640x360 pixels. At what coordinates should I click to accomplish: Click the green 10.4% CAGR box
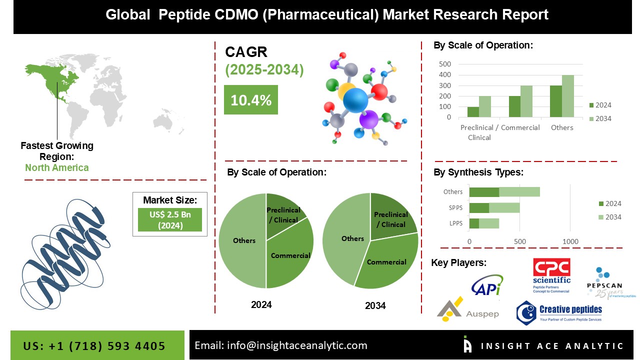point(250,100)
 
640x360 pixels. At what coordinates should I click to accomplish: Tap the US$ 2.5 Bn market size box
point(169,219)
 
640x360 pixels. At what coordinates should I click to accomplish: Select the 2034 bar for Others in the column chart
point(567,96)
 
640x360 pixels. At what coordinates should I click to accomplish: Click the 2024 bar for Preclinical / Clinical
point(472,112)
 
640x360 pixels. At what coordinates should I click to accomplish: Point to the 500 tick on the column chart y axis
point(445,64)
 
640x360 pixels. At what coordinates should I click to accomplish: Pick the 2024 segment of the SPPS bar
point(479,207)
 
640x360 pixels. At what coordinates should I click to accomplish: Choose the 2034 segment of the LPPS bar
point(489,223)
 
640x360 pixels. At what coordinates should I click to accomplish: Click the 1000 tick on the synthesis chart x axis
point(570,242)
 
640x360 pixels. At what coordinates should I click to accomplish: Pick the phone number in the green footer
point(94,346)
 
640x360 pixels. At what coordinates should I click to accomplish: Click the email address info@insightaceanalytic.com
point(280,345)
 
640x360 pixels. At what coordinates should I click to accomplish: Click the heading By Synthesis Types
point(478,172)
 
